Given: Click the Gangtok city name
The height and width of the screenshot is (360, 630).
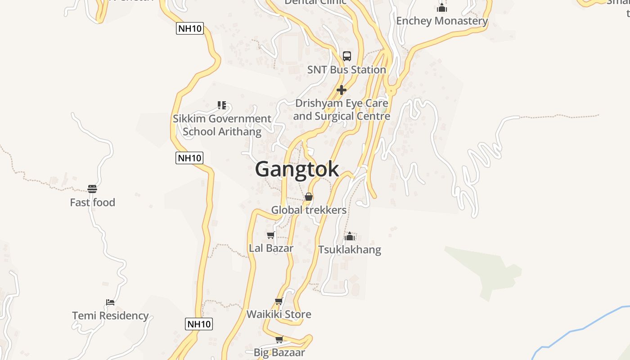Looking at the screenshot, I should click(297, 170).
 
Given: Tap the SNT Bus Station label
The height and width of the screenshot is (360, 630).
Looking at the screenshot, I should click(346, 70).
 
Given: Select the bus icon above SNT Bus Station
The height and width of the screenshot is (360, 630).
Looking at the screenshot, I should click(347, 56).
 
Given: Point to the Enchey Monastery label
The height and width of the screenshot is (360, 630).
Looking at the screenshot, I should click(442, 21).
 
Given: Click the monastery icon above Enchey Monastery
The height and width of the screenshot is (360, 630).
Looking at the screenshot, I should click(442, 8).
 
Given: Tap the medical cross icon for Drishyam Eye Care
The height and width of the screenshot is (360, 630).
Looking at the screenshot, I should click(342, 90).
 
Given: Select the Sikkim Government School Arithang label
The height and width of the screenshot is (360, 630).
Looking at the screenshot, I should click(222, 125).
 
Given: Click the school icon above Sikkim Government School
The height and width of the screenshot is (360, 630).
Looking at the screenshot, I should click(221, 105).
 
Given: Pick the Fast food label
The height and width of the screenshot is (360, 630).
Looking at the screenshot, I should click(92, 202).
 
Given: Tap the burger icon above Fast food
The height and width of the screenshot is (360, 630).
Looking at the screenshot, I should click(92, 189).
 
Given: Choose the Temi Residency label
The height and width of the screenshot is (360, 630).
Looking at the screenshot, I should click(110, 315).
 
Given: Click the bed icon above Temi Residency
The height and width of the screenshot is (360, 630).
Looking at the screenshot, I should click(110, 302).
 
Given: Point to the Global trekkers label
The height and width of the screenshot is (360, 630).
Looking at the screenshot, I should click(309, 210).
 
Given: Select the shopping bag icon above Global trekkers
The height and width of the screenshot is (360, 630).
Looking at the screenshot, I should click(309, 197).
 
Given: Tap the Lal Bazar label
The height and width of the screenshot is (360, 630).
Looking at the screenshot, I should click(271, 248).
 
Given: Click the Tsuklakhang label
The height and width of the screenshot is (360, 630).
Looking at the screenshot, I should click(350, 250).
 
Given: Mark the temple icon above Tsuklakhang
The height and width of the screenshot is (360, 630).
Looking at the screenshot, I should click(350, 236).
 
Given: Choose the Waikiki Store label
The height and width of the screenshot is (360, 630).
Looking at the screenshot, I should click(279, 314).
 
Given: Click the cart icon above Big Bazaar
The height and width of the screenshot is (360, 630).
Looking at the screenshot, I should click(279, 339).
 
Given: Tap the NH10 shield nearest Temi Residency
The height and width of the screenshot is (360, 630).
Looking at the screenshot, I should click(198, 324).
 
